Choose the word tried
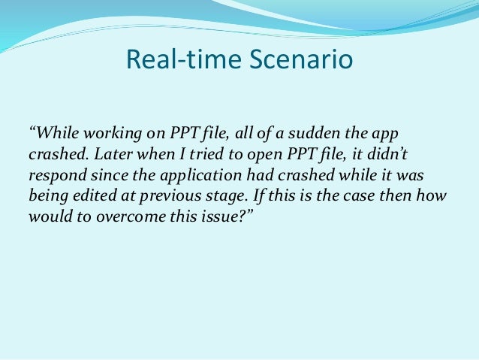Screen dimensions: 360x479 197,154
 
